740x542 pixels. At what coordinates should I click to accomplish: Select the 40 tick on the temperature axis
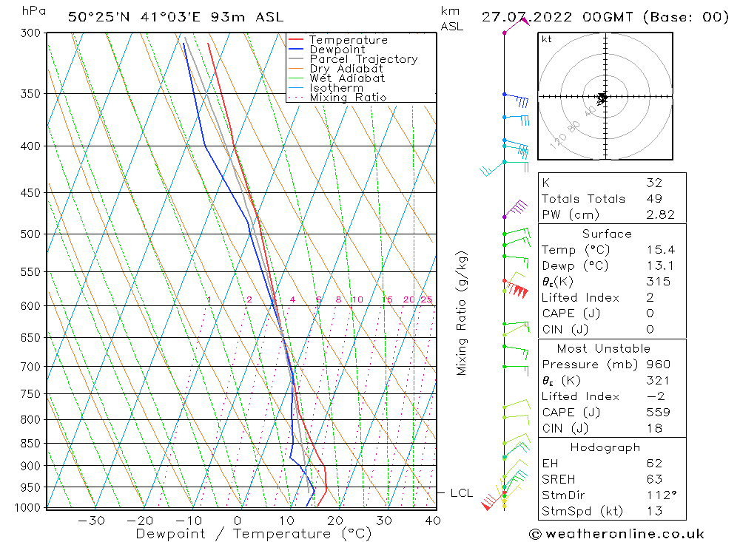tap(433, 521)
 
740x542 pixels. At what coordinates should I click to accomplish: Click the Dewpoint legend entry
tap(337, 50)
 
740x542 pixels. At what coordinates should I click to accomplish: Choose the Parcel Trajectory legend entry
tap(363, 59)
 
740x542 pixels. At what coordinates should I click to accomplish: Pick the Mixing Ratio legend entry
tap(348, 98)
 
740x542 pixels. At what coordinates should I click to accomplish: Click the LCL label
tap(461, 493)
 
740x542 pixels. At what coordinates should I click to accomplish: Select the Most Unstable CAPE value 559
tap(654, 413)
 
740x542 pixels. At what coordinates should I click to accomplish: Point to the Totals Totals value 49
tap(654, 198)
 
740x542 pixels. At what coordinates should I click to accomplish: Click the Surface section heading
tap(607, 234)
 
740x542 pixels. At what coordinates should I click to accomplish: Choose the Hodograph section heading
tap(605, 447)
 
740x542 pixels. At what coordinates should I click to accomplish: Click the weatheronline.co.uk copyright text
tap(616, 534)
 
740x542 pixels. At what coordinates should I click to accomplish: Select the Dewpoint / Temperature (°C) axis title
tap(253, 534)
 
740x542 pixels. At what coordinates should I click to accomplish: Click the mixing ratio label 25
tap(426, 299)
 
